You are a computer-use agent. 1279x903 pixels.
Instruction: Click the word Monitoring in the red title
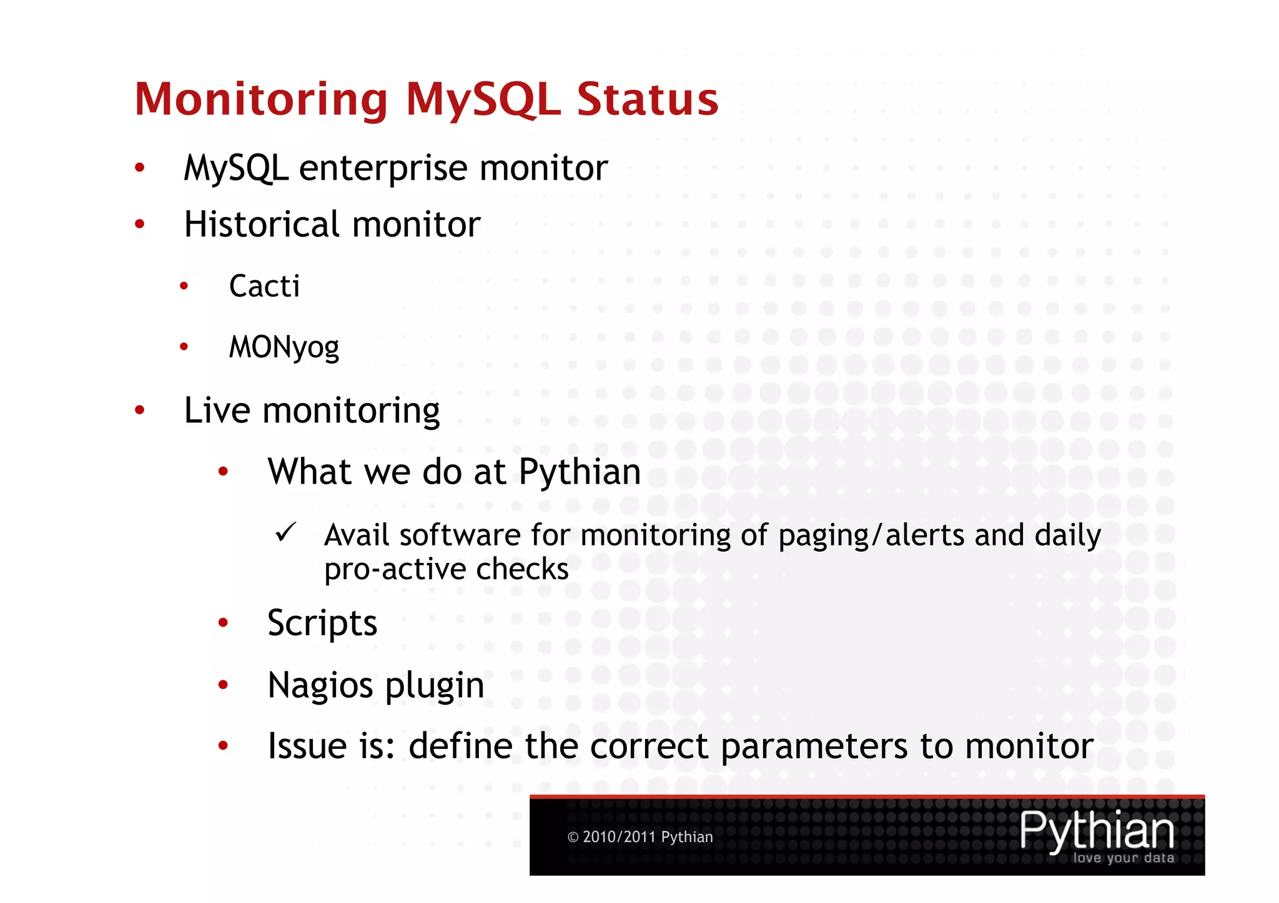[x=261, y=100]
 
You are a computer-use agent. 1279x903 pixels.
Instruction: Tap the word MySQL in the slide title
[x=483, y=100]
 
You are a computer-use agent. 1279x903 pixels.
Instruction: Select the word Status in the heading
[x=647, y=100]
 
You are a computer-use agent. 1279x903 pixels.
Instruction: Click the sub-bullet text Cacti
[x=264, y=286]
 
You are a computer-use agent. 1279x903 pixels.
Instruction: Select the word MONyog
[x=284, y=348]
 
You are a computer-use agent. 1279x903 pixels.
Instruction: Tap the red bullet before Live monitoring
[x=140, y=410]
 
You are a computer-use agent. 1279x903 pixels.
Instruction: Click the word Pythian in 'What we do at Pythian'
[x=580, y=471]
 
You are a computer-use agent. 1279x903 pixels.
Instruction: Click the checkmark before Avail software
[x=286, y=533]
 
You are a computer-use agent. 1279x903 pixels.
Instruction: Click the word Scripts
[x=322, y=623]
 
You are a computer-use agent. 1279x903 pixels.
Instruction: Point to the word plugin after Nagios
[x=435, y=686]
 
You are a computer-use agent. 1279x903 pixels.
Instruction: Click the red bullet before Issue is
[x=223, y=745]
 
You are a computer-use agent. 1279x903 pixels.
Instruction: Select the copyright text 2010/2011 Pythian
[x=647, y=837]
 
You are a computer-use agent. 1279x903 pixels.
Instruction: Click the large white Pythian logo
[x=1096, y=830]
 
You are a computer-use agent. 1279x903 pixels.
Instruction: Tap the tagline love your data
[x=1123, y=858]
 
